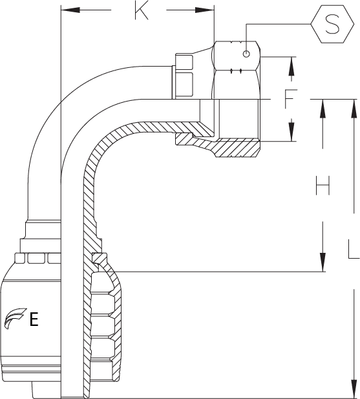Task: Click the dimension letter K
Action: coord(142,11)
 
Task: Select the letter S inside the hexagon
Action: coord(332,24)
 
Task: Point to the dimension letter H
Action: coord(323,185)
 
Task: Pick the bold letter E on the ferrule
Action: coord(34,319)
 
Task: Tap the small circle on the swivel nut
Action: coord(246,54)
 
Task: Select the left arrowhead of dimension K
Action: coord(70,10)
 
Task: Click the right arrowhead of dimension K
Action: coord(205,10)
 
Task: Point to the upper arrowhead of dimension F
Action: coord(291,66)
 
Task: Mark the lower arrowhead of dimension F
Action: coord(291,132)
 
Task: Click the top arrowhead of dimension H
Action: coord(323,109)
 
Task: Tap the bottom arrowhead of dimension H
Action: coord(323,263)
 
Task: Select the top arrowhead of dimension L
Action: coord(354,109)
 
